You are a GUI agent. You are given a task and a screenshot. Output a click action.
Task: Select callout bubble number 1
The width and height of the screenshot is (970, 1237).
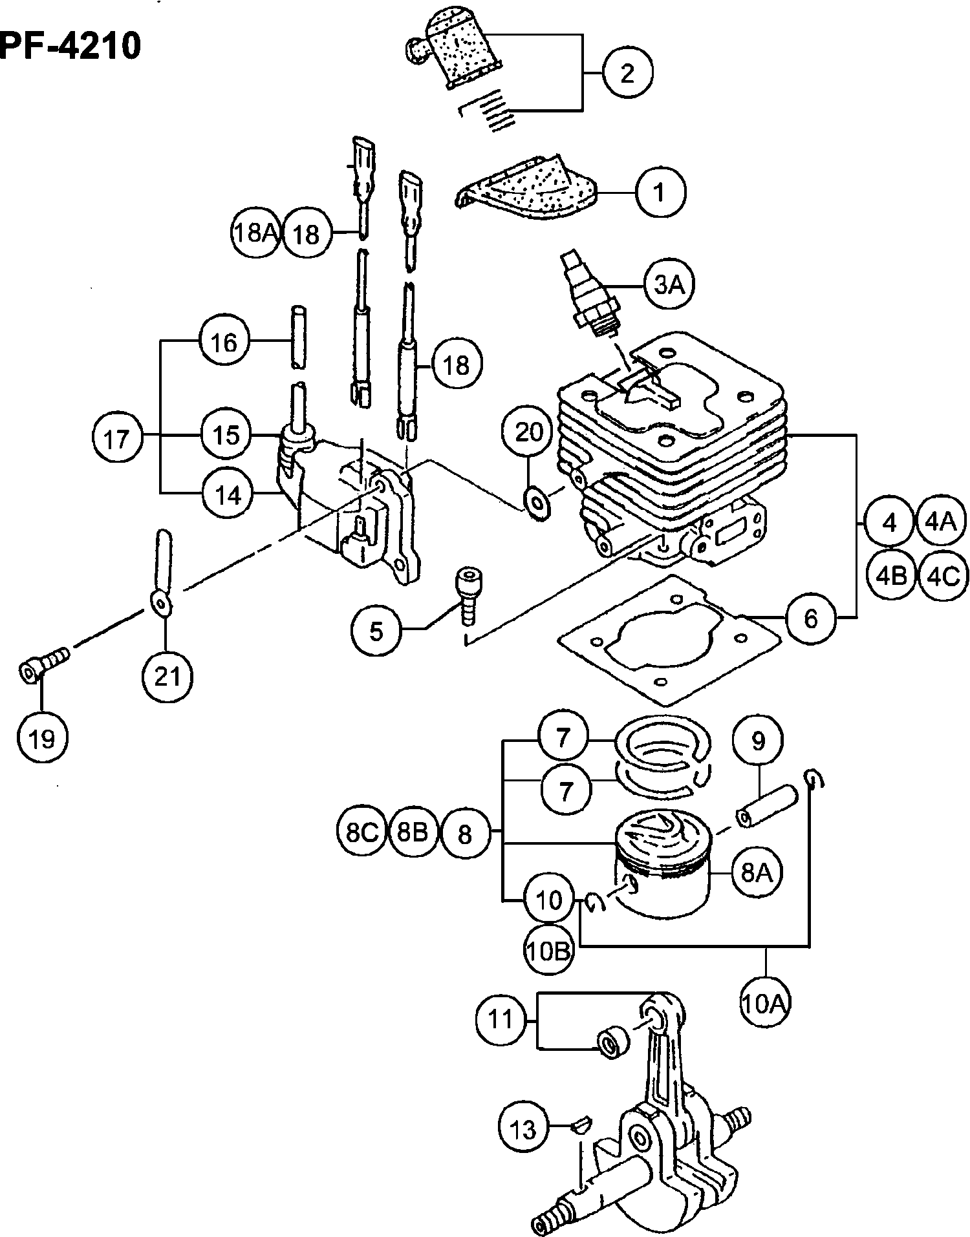click(x=660, y=193)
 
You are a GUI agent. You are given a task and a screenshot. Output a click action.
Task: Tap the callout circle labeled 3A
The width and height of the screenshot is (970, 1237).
click(x=669, y=284)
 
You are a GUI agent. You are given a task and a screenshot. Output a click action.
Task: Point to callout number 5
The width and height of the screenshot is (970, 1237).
click(x=377, y=631)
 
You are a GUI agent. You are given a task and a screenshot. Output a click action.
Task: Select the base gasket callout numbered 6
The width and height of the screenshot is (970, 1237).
click(x=810, y=618)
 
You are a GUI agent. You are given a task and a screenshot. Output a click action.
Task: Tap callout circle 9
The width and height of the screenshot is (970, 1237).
click(x=758, y=741)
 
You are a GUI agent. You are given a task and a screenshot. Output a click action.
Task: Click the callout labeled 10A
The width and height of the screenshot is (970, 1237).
click(x=766, y=1004)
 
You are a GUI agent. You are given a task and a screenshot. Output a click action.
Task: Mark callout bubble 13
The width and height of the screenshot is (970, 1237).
click(x=523, y=1129)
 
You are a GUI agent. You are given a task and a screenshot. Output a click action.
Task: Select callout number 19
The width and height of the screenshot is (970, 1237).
click(x=43, y=737)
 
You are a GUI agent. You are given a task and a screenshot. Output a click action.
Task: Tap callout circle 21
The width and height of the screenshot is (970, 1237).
click(x=167, y=677)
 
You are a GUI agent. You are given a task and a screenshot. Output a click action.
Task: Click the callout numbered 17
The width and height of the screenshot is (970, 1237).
click(x=116, y=439)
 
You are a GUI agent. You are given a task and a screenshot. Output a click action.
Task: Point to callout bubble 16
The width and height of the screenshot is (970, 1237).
click(x=224, y=342)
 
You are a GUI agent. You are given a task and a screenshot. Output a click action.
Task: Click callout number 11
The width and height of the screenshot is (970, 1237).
click(x=501, y=1020)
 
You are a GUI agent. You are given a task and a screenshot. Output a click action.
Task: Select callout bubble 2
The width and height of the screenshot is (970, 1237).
click(x=627, y=73)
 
